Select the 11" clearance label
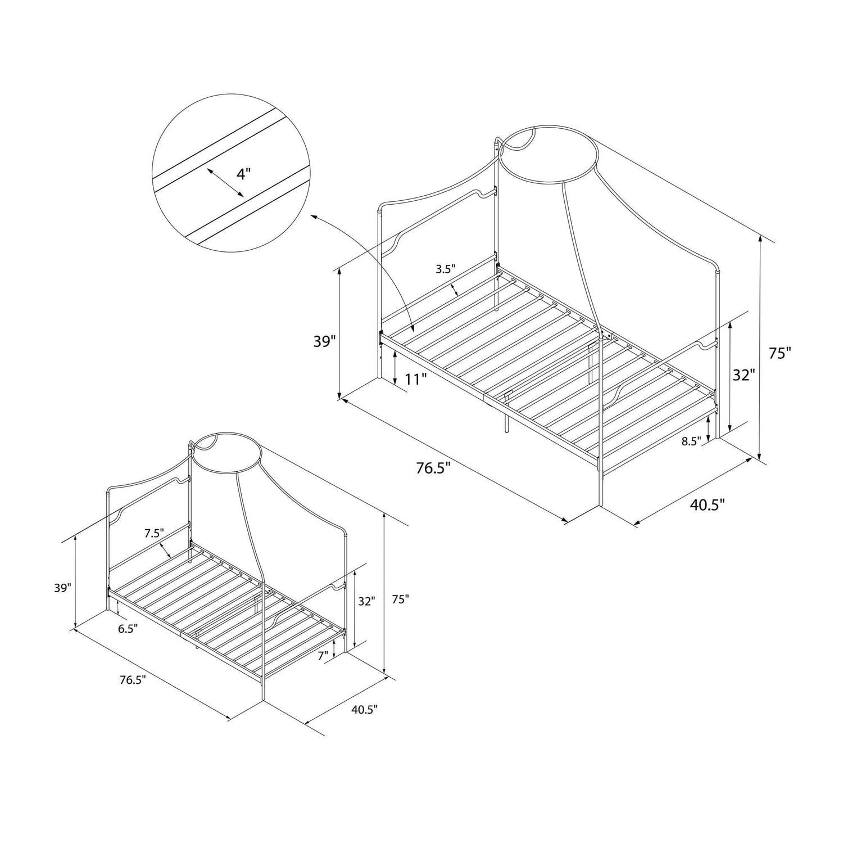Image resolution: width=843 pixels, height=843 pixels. point(416,379)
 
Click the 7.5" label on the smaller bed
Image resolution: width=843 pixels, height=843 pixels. point(153,533)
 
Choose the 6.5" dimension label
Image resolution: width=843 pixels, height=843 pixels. point(128,629)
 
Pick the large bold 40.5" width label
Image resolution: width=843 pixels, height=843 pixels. point(708,504)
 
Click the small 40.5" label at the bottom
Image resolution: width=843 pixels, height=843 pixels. point(364,709)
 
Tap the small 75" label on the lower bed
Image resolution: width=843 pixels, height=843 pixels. point(400,599)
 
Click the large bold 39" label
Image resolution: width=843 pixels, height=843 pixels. point(324,341)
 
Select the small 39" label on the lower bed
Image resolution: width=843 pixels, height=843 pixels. point(63,588)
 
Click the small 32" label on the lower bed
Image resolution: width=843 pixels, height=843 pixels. point(366,601)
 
